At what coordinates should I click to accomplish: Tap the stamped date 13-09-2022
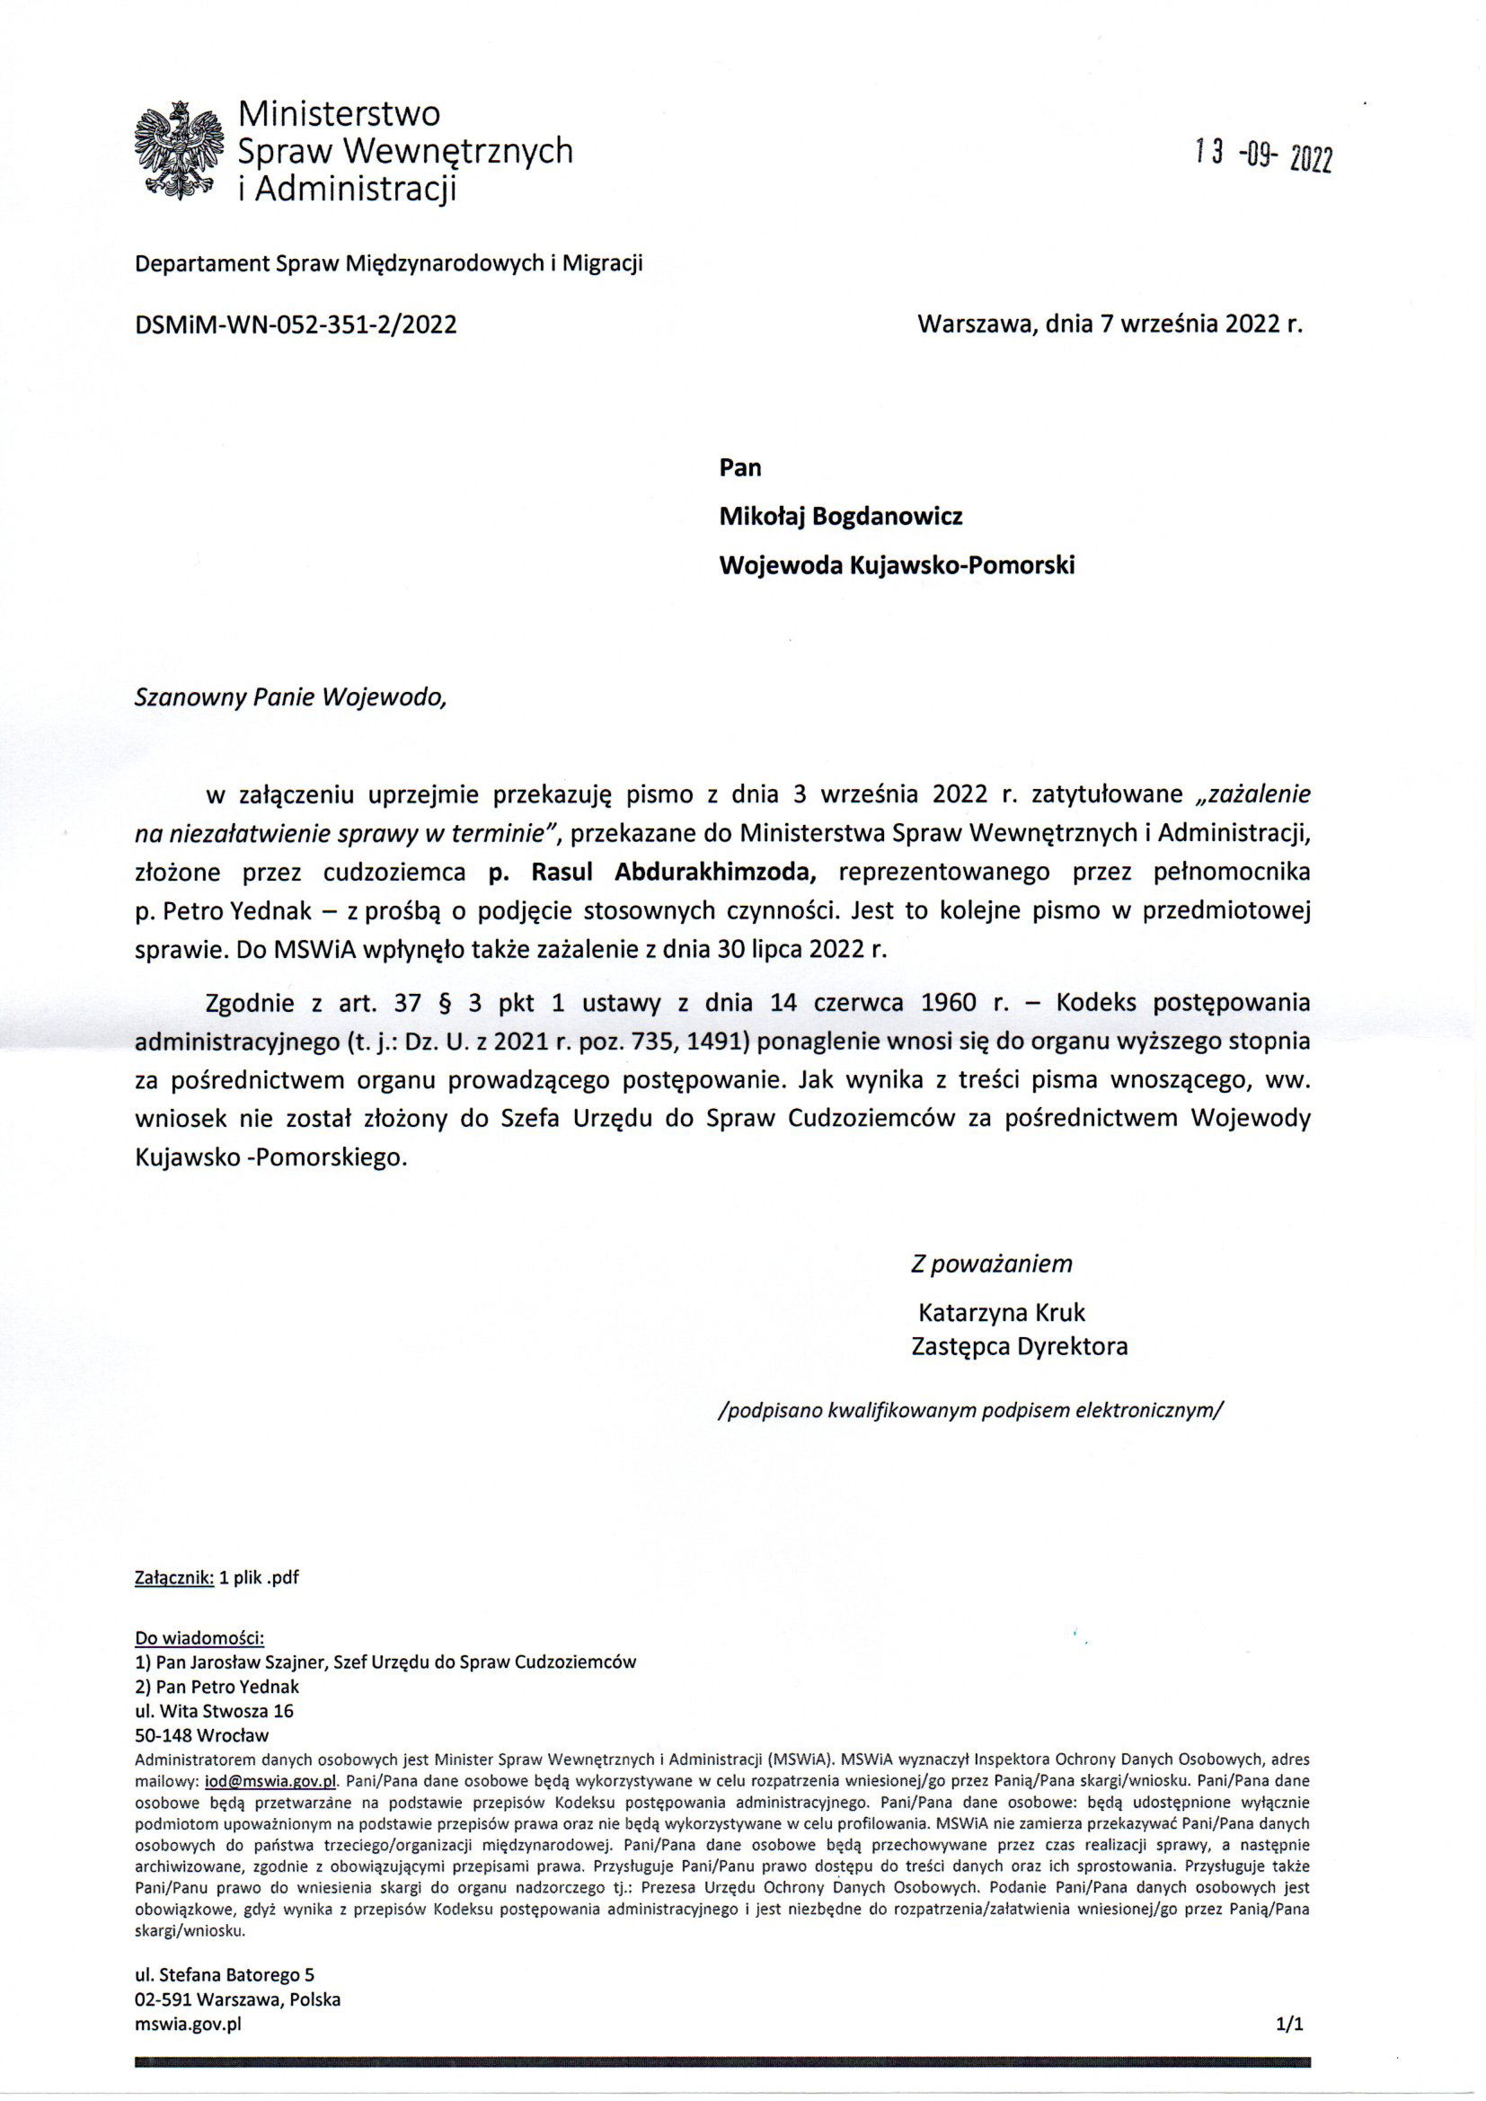(x=1264, y=157)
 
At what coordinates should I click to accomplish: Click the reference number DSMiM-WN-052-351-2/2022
(x=296, y=324)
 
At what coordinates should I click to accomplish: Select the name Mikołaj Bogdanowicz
(x=841, y=517)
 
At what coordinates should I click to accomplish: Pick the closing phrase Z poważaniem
(x=991, y=1263)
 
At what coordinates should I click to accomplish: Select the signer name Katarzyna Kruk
(x=1002, y=1313)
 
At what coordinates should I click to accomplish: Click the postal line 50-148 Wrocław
(x=201, y=1735)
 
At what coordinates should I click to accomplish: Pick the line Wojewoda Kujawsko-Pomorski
(x=897, y=565)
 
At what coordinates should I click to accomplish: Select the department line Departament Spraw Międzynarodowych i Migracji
(x=389, y=264)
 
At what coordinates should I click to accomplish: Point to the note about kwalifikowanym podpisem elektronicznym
(x=971, y=1410)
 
